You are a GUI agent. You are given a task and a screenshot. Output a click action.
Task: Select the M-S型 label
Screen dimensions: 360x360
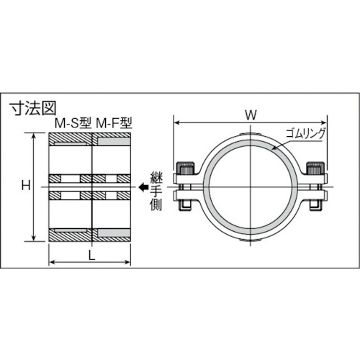tap(71, 124)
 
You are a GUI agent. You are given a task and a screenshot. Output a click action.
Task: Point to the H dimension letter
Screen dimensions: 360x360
tap(24, 186)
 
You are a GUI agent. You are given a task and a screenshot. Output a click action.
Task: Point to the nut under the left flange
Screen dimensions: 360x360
tap(185, 207)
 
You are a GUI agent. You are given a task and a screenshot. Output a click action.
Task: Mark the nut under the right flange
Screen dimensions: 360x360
tap(315, 207)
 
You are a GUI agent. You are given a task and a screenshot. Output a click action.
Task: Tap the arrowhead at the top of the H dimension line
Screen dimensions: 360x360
tap(34, 135)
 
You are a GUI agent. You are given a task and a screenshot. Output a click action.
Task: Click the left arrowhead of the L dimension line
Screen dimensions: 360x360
tap(50, 264)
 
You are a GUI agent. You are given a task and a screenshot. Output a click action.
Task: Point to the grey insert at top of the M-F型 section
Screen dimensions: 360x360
tap(112, 141)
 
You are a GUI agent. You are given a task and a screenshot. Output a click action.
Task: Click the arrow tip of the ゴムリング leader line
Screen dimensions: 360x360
tap(273, 148)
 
